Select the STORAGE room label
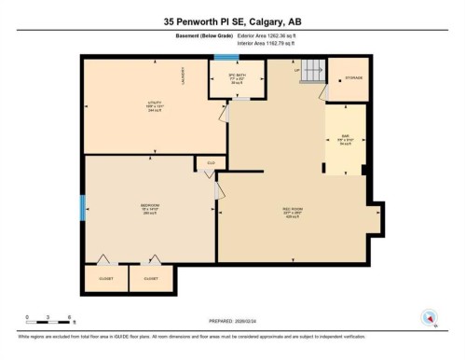(354, 77)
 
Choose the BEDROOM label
(149, 207)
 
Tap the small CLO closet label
(210, 163)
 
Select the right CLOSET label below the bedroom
(150, 278)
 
